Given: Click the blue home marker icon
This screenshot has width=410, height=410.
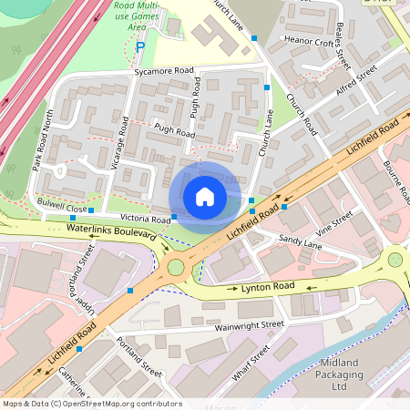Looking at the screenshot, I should click(x=205, y=196).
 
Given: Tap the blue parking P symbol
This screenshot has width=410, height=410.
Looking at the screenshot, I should click(x=139, y=46).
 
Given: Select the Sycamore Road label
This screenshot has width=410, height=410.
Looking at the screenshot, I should click(x=164, y=70).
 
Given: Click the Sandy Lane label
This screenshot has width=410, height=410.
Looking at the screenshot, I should click(x=300, y=242).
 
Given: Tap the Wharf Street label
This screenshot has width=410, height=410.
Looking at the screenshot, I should click(x=247, y=361).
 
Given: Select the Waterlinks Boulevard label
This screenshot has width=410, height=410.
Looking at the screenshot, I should click(x=111, y=234).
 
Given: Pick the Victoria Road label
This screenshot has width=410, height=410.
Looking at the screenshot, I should click(x=146, y=220).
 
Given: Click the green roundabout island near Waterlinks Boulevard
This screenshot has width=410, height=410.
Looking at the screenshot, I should click(x=175, y=267).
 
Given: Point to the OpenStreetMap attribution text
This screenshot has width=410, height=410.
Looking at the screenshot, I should click(x=91, y=404).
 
